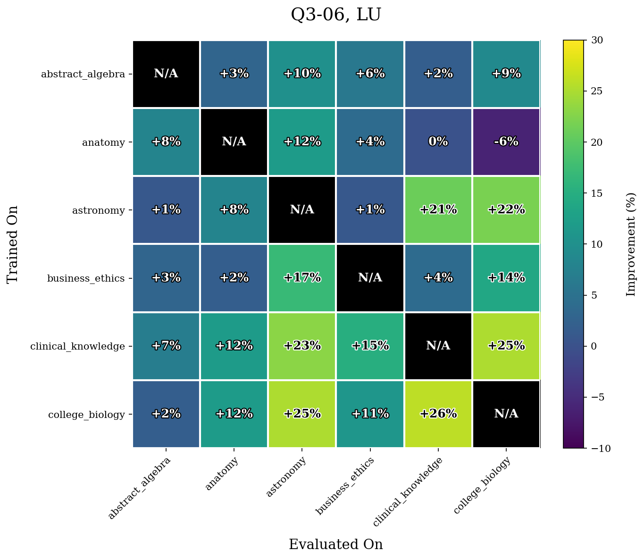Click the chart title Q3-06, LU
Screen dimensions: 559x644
[x=336, y=15]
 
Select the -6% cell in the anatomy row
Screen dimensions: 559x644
[x=506, y=142]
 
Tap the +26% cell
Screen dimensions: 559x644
[x=438, y=414]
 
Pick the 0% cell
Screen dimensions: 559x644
[x=438, y=142]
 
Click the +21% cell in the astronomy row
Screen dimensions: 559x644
[x=438, y=210]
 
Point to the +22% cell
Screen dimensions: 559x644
[x=506, y=210]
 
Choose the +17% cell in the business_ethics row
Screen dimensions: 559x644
[x=302, y=278]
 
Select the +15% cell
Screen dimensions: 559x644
[x=370, y=346]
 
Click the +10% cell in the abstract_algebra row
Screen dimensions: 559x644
[x=302, y=74]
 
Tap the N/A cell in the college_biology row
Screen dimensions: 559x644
[x=506, y=414]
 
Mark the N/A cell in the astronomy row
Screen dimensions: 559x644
[x=302, y=210]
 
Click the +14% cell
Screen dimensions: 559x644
[x=506, y=278]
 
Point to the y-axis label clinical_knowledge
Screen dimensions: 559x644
[x=77, y=346]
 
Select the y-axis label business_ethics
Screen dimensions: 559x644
[x=86, y=278]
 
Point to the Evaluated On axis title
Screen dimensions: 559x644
[x=336, y=544]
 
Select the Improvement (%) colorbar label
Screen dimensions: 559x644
[x=631, y=244]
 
